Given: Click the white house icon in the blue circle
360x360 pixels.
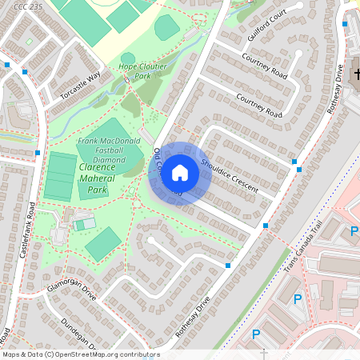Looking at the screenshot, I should [180, 173].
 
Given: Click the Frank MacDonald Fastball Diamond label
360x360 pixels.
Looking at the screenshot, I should [102, 150].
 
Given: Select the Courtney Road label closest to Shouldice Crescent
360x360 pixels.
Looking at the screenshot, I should [259, 104].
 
